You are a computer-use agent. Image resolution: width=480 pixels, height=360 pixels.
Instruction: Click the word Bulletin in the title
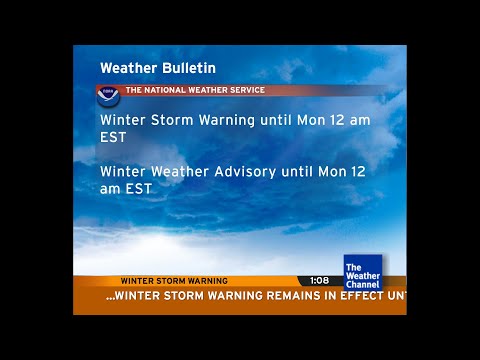tap(189, 69)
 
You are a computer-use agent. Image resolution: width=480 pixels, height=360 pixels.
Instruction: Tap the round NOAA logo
tap(108, 96)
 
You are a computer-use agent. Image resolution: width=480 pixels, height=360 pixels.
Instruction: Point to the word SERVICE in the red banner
tap(243, 90)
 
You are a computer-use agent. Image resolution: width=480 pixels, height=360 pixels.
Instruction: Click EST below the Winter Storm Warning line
tap(113, 137)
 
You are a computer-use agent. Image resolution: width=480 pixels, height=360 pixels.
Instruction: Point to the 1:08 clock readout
tap(319, 281)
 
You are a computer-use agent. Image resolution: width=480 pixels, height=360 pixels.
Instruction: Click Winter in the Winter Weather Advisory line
tap(124, 171)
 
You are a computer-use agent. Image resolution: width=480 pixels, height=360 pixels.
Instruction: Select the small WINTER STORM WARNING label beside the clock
tap(174, 281)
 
